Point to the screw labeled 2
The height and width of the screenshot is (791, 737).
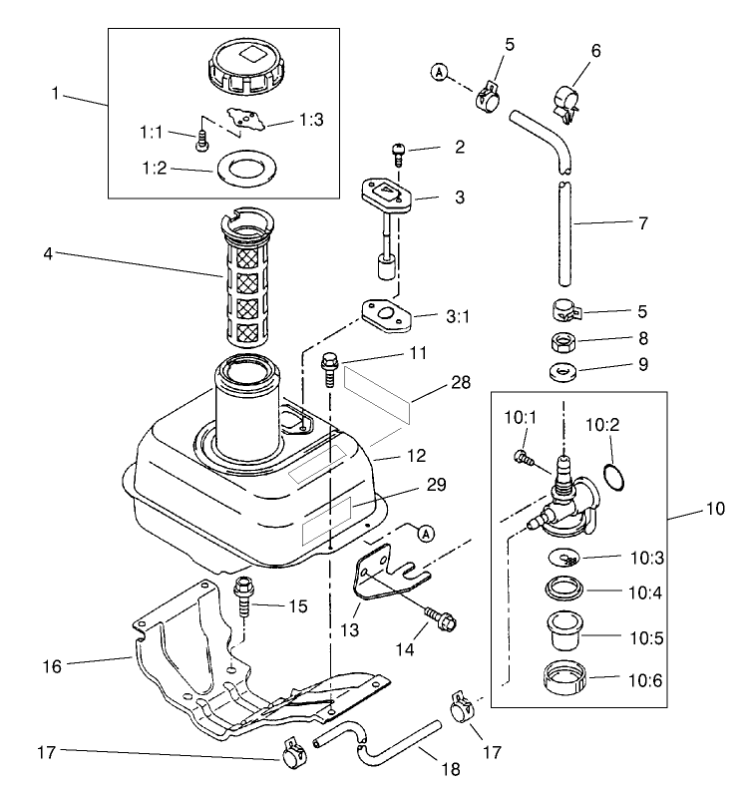(396, 153)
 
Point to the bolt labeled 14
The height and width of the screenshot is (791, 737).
(440, 618)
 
